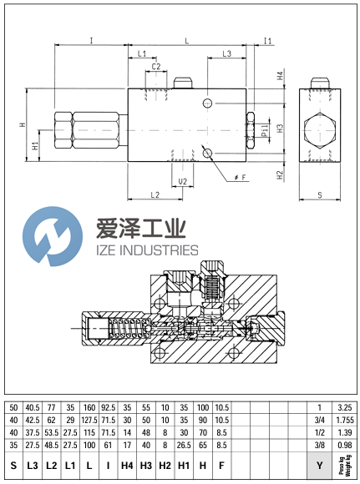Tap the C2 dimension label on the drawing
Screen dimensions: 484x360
point(156,67)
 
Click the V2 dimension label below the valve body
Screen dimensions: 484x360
point(181,181)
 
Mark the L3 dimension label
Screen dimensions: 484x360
point(226,53)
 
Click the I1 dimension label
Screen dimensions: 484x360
point(268,41)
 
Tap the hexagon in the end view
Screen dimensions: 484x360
point(320,131)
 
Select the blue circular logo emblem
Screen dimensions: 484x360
point(48,237)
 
